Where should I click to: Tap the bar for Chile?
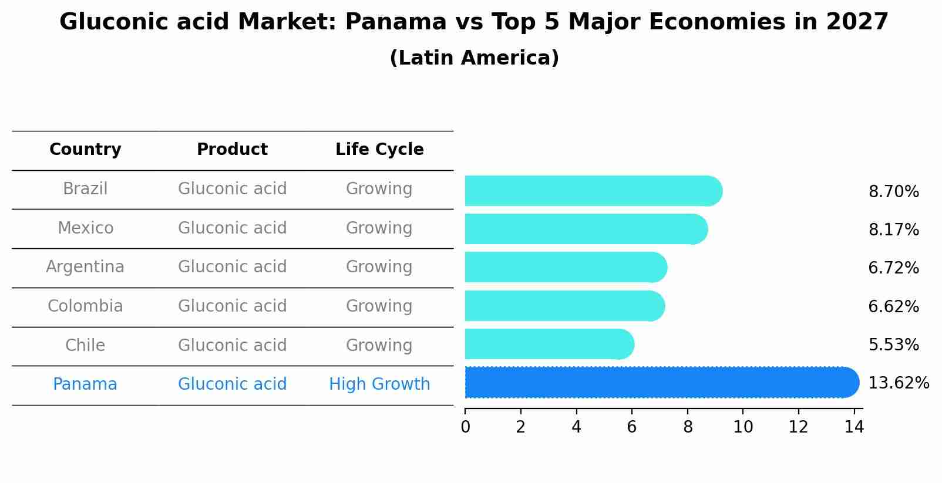point(549,344)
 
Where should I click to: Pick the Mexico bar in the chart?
point(585,229)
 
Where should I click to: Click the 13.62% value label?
point(898,383)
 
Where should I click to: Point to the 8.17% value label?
point(893,229)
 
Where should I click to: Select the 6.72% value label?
point(893,268)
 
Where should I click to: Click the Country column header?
point(85,150)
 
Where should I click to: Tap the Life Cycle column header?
point(379,150)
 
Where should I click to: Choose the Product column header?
point(232,150)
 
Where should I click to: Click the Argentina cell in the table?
point(85,267)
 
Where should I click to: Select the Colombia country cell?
point(85,306)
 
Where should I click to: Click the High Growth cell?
point(379,384)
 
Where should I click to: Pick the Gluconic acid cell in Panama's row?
point(232,384)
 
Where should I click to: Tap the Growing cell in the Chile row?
point(379,345)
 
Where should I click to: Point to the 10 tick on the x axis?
point(743,427)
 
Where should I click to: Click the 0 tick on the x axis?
point(465,427)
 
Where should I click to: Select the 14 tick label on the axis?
point(854,427)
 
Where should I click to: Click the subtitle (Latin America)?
point(474,58)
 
